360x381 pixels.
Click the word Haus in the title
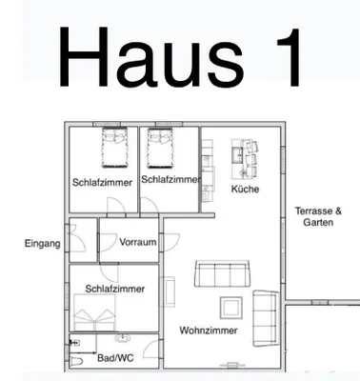[x=151, y=56]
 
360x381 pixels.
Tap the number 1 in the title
[x=288, y=57]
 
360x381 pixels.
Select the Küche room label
[x=245, y=190]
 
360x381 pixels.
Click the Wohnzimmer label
[x=209, y=331]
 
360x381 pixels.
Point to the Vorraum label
[x=138, y=242]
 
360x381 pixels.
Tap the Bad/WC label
[x=115, y=358]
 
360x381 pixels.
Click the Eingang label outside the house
[x=43, y=244]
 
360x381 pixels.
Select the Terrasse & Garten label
[x=318, y=216]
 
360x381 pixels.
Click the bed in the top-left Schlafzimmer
[x=114, y=148]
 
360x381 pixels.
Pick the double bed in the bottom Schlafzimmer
[x=94, y=312]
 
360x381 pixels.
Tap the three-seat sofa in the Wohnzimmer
[x=222, y=273]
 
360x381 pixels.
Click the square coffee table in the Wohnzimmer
[x=231, y=308]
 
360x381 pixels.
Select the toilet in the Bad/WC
[x=76, y=361]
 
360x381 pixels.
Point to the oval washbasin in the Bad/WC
[x=122, y=338]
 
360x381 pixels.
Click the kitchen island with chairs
[x=245, y=158]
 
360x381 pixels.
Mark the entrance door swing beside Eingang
[x=77, y=238]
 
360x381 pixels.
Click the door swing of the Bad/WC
[x=150, y=350]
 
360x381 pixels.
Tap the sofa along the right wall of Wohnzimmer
[x=265, y=318]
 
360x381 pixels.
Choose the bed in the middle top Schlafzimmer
[x=160, y=148]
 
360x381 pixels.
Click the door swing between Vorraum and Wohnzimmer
[x=171, y=242]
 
